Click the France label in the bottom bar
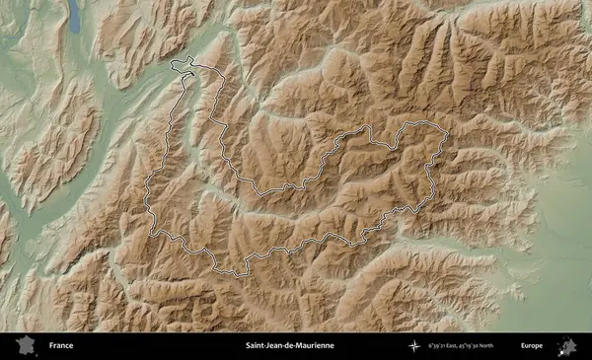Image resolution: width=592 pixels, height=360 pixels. [x=61, y=346]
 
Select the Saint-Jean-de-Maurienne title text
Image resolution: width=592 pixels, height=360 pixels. [x=289, y=346]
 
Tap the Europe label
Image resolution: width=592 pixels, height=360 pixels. [x=531, y=346]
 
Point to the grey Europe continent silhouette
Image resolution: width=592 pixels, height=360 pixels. [x=567, y=346]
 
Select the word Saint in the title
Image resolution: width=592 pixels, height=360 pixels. [x=255, y=346]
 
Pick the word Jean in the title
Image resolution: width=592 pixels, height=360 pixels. [x=273, y=346]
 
